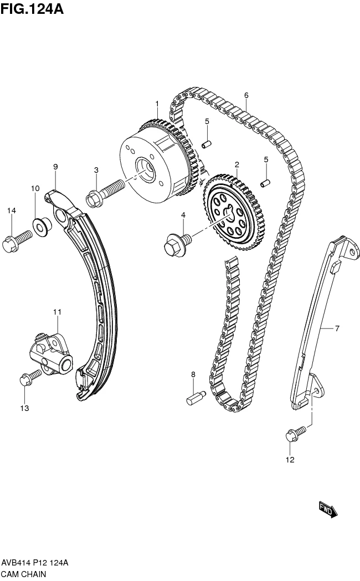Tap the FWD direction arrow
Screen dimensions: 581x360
[327, 509]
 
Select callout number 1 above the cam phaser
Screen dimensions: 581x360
[157, 104]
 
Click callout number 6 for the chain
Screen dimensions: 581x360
[246, 95]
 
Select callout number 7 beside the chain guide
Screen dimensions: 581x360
[337, 328]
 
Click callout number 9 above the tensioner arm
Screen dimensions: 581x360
[55, 167]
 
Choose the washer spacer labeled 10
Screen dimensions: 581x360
[40, 224]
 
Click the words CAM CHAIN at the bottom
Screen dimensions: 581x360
[26, 573]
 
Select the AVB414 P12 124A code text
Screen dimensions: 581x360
[34, 562]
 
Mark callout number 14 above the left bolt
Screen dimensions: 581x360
[11, 210]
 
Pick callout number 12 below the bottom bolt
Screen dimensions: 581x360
[290, 459]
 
